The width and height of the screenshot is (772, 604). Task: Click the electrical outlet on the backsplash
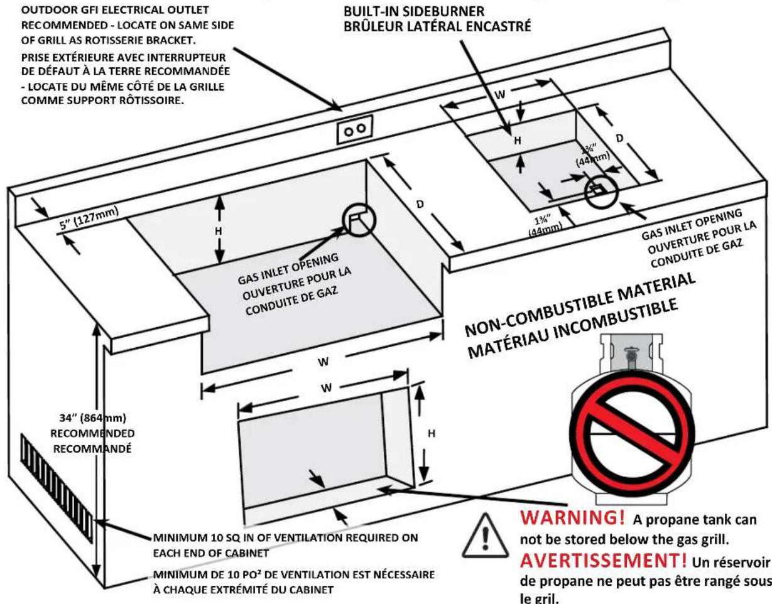click(x=355, y=129)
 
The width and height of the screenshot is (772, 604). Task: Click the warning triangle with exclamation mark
click(x=485, y=537)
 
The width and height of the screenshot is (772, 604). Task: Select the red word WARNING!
click(x=572, y=517)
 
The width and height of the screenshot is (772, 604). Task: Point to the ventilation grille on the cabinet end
click(x=57, y=487)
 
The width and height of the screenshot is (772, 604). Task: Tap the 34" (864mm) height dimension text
click(x=93, y=418)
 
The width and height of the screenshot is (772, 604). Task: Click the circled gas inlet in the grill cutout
click(x=359, y=220)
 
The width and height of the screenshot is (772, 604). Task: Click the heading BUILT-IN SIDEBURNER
click(x=414, y=11)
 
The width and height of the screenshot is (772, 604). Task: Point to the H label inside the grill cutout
click(x=218, y=231)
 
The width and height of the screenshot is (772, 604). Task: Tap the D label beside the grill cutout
click(x=420, y=205)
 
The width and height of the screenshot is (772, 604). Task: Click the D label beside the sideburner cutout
click(x=619, y=138)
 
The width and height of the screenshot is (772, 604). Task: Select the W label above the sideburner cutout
click(x=500, y=95)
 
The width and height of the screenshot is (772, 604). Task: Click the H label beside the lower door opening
click(x=432, y=434)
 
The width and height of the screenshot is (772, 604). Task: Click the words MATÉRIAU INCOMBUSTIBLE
click(x=573, y=328)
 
